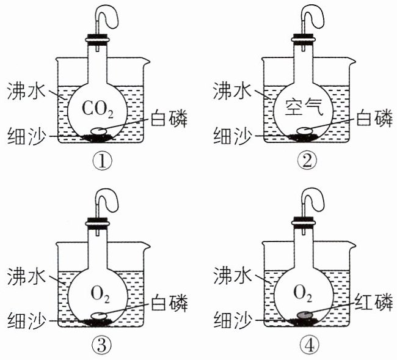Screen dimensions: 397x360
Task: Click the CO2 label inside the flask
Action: click(x=98, y=109)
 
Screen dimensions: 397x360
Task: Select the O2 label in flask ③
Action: click(x=100, y=295)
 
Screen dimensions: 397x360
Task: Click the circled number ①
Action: click(x=102, y=161)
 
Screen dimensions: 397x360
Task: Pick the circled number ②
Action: click(x=307, y=161)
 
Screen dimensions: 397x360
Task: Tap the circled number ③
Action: click(x=101, y=345)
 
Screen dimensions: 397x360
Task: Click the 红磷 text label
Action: click(x=374, y=302)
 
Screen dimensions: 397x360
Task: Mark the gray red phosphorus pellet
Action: click(x=304, y=315)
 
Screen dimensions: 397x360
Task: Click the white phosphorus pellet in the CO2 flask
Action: click(x=99, y=130)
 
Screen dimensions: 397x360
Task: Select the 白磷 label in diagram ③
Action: click(x=169, y=303)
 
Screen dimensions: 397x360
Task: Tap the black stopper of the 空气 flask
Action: click(x=303, y=35)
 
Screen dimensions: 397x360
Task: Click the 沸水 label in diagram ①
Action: click(x=26, y=90)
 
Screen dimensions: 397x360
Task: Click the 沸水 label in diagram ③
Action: click(x=26, y=276)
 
